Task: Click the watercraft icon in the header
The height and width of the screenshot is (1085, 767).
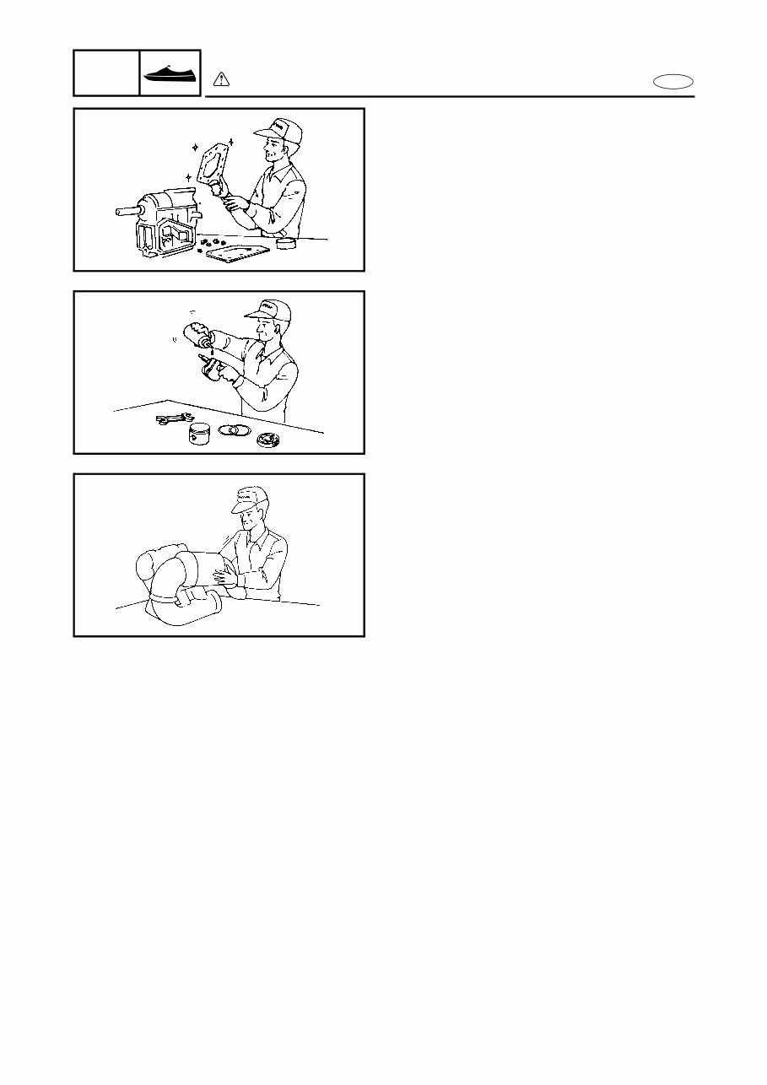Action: pos(170,73)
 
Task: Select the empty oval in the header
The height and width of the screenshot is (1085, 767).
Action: pos(673,81)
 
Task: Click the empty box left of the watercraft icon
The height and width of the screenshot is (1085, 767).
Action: pos(106,73)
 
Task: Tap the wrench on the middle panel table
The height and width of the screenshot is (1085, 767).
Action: pos(175,418)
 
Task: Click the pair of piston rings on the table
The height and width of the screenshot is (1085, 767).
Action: pos(234,429)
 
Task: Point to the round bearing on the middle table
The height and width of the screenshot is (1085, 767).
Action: pos(269,440)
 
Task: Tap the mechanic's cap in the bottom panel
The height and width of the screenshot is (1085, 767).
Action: pos(249,499)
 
